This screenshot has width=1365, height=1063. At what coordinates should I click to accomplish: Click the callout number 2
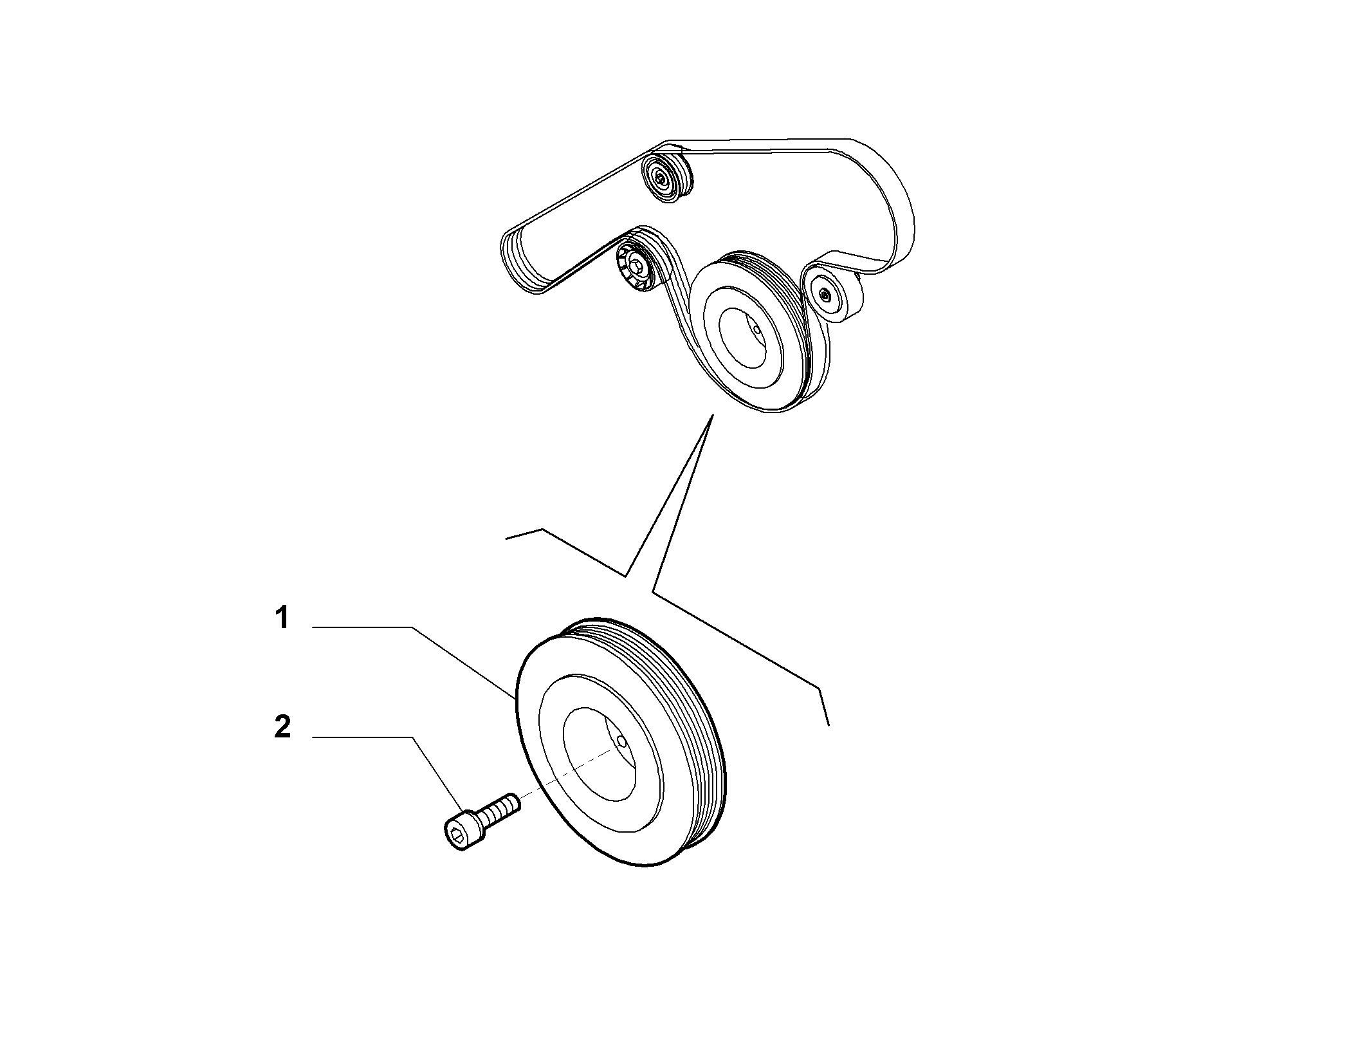282,728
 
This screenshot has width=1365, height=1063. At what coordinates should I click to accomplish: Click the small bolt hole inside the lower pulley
621,742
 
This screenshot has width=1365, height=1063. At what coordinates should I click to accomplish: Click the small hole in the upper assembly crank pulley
757,330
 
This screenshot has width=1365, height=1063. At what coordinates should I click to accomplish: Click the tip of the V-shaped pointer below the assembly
712,416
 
